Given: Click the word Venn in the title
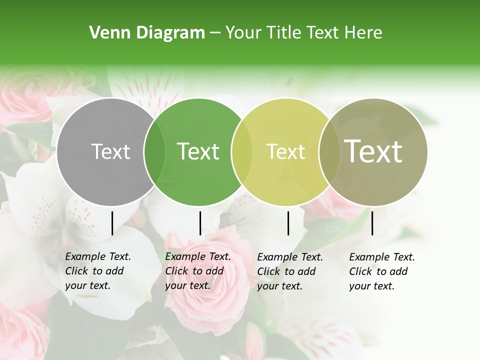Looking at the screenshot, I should [108, 33].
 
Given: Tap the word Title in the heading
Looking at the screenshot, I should [284, 33].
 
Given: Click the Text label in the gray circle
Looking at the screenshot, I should [110, 151].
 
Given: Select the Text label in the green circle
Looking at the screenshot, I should [198, 151].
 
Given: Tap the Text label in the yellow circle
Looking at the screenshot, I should [285, 151].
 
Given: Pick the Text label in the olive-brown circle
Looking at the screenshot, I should [373, 151].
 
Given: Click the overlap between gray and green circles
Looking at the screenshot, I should [154, 152].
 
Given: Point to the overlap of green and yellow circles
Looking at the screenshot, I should [242, 152].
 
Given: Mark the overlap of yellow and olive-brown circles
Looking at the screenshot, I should [329, 152].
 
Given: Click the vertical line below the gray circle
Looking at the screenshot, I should [112, 223].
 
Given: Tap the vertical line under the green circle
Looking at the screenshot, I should [200, 223].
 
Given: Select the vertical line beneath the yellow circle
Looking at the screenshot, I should [288, 223].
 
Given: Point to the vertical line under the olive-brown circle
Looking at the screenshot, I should [372, 223].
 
